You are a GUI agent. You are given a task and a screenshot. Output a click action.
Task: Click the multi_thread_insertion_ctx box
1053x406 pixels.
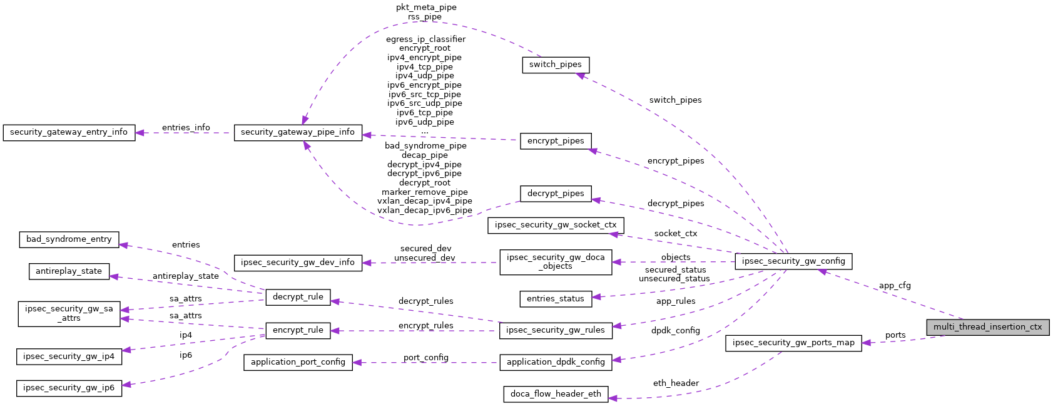pyautogui.click(x=987, y=327)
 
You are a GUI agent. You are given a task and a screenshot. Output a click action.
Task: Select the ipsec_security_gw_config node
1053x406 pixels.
pyautogui.click(x=793, y=261)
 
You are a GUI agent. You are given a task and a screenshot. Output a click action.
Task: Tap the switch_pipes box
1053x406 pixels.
pyautogui.click(x=555, y=65)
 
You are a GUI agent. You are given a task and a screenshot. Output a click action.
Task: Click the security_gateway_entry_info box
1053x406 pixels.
pyautogui.click(x=69, y=132)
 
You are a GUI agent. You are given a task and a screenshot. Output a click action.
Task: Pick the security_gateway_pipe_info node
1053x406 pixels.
pyautogui.click(x=298, y=132)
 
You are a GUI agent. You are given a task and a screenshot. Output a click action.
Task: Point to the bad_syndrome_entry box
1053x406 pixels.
pyautogui.click(x=69, y=239)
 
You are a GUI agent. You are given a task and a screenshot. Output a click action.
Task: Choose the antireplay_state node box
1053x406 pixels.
pyautogui.click(x=69, y=271)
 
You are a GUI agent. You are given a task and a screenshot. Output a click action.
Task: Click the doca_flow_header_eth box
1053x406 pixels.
pyautogui.click(x=556, y=394)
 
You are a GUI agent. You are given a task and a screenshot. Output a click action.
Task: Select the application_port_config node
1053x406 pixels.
pyautogui.click(x=298, y=362)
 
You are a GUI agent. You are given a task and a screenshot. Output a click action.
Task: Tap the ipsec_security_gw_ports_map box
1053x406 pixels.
pyautogui.click(x=793, y=343)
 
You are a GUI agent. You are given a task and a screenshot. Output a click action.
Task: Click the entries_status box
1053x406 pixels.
pyautogui.click(x=556, y=299)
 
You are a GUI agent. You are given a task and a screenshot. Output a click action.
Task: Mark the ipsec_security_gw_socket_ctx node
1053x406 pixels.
pyautogui.click(x=556, y=225)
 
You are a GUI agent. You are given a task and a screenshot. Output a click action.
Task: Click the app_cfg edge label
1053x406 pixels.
pyautogui.click(x=895, y=286)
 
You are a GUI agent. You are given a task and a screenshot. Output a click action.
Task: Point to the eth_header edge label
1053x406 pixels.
pyautogui.click(x=676, y=383)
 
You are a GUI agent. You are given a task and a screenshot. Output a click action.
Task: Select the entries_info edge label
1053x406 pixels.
pyautogui.click(x=186, y=128)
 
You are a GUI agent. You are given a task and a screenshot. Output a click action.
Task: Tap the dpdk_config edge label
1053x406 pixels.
pyautogui.click(x=675, y=331)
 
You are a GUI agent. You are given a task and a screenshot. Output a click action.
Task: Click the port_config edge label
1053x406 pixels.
pyautogui.click(x=425, y=358)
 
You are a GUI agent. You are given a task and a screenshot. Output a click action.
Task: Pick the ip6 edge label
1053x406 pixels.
pyautogui.click(x=186, y=355)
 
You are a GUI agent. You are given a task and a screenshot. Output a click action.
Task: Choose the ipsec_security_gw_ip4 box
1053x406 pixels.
pyautogui.click(x=69, y=357)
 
